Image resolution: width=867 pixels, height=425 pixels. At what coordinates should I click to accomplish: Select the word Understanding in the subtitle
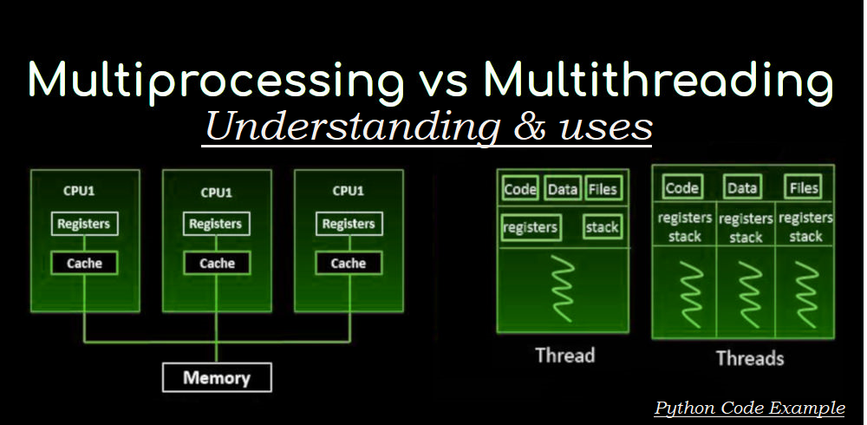point(352,127)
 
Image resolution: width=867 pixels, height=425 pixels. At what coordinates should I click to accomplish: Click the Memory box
point(217,377)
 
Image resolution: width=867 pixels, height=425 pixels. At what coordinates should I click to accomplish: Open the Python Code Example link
point(749,408)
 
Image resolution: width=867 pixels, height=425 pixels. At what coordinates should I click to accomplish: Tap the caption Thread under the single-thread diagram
point(564,355)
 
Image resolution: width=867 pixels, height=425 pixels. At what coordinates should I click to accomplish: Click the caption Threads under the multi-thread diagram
point(749,357)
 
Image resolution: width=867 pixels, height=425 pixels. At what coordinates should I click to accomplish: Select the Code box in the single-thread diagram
point(520,188)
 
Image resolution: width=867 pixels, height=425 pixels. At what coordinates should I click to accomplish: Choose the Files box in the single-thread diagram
point(603,188)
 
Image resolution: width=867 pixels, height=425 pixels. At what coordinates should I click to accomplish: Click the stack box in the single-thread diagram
point(602,227)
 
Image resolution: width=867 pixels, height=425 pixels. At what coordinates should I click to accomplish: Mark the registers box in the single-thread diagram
point(531,228)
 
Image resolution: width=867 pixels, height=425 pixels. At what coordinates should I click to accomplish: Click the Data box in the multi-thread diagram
point(743,187)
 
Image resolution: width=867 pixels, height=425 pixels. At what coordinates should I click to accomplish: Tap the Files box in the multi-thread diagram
point(804,187)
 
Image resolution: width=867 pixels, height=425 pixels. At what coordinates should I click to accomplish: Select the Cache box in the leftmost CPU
point(84,263)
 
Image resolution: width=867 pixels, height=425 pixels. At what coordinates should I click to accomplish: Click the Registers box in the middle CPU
point(216,224)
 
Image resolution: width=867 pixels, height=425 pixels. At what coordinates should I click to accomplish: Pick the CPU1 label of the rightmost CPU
point(349,192)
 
